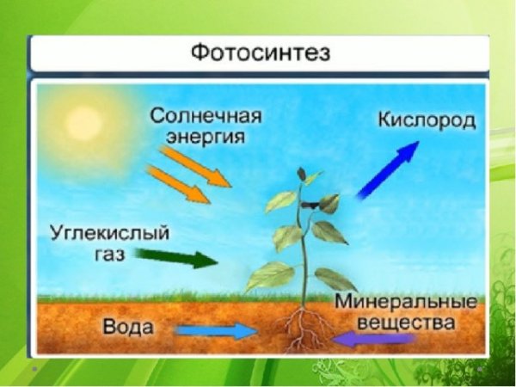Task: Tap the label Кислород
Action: point(427,120)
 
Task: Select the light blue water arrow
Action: point(215,329)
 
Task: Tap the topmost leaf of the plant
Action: point(303,175)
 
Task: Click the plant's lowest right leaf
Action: point(335,278)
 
